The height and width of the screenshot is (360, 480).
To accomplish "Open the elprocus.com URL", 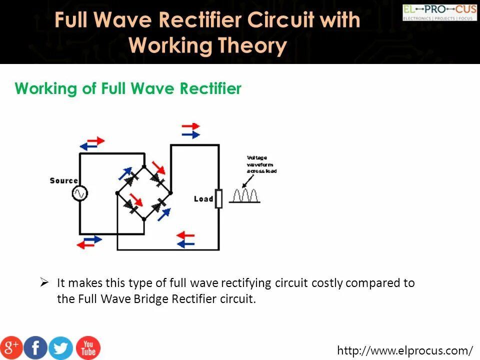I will [x=405, y=350].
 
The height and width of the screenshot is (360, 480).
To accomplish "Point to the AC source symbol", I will [x=79, y=193].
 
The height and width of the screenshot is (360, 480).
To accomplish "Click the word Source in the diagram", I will [x=63, y=180].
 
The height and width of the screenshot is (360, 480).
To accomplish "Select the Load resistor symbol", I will [x=218, y=198].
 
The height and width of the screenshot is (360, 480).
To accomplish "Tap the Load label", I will [x=203, y=199].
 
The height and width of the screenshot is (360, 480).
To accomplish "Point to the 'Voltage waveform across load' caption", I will [x=261, y=164].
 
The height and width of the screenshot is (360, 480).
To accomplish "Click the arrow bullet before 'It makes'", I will [x=44, y=282].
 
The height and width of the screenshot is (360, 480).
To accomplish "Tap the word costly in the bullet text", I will [x=327, y=283].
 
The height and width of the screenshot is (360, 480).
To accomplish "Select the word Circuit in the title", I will [x=283, y=20].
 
